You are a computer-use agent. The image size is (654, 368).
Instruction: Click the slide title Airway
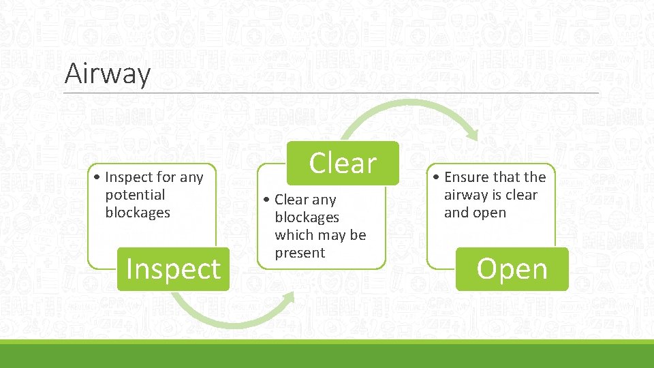pos(107,73)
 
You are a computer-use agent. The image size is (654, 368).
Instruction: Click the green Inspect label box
pos(173,269)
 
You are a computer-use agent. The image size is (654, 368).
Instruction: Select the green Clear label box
pos(342,163)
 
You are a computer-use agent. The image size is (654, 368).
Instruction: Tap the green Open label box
pos(512,269)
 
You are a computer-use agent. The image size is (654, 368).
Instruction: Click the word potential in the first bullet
pos(135,195)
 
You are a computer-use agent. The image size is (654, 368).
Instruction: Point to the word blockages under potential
pos(138,213)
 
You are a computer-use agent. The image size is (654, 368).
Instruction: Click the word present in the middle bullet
pos(300,253)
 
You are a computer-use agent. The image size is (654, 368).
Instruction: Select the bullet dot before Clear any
pos(268,200)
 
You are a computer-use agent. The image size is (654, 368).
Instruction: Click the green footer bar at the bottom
pos(327,354)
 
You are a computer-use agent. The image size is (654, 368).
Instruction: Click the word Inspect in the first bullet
pos(129,177)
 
